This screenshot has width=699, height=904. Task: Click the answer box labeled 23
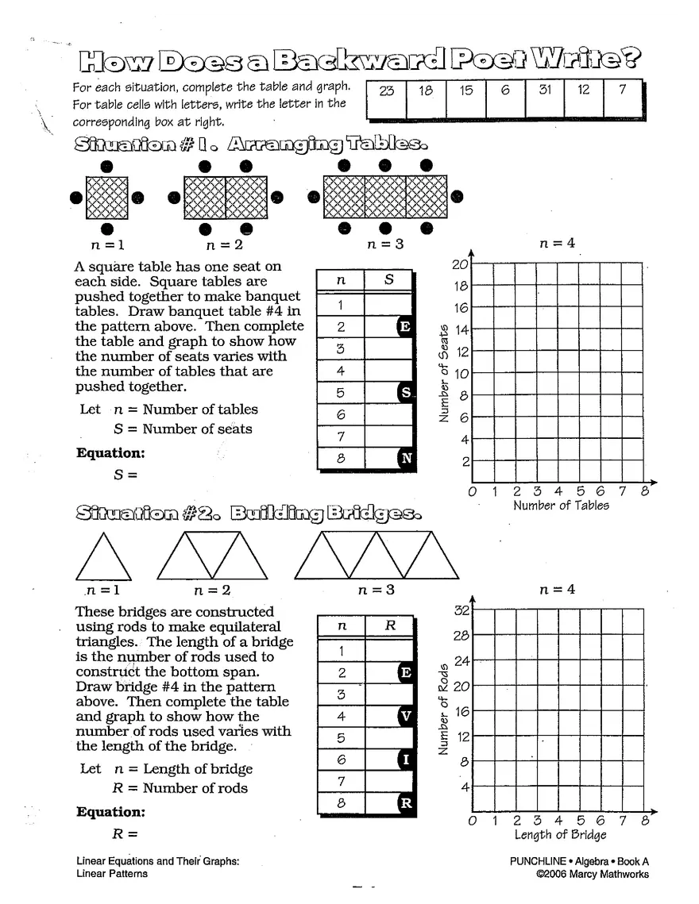387,98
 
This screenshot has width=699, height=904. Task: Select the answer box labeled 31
544,98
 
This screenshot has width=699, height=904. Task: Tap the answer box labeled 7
622,98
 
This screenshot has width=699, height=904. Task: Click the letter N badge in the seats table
406,458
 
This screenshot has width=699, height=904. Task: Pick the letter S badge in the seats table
406,392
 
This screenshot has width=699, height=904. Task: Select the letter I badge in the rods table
406,760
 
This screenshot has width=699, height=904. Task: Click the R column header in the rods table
390,625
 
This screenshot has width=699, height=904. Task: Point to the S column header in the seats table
389,279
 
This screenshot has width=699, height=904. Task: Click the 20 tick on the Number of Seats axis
460,265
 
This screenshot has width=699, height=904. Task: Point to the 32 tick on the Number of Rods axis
461,610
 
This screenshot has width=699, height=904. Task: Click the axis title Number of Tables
561,506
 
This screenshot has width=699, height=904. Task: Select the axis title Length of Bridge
560,835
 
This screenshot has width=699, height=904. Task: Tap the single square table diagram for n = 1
106,198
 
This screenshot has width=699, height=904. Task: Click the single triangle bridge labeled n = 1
103,556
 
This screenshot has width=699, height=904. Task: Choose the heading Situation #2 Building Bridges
248,514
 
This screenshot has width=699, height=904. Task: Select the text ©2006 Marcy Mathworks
592,875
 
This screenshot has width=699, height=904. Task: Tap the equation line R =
126,834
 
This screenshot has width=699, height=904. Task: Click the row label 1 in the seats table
341,305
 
